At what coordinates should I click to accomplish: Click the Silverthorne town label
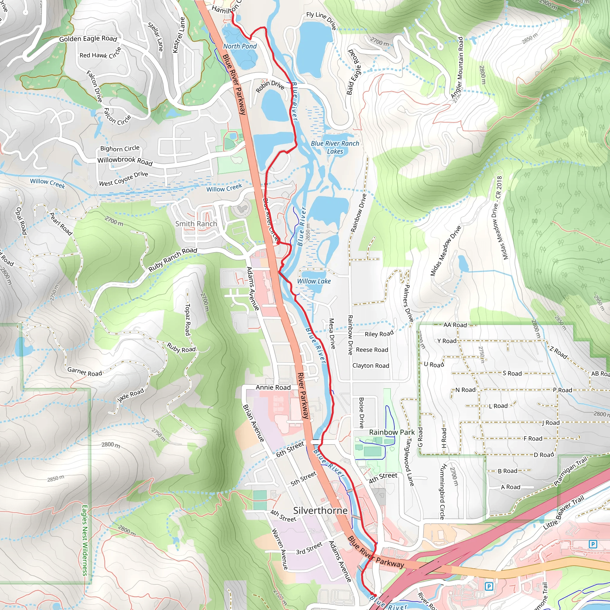click(320, 511)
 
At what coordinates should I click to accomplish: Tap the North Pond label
click(240, 46)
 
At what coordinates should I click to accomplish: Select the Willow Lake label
click(314, 281)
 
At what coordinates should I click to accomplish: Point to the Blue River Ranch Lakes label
click(335, 147)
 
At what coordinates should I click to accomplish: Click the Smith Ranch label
click(196, 224)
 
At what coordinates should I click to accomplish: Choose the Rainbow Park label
click(392, 432)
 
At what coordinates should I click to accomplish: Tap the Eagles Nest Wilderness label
click(85, 540)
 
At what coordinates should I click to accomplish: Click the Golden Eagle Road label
click(88, 39)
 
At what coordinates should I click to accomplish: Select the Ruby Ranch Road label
click(173, 259)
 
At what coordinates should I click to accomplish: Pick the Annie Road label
click(273, 388)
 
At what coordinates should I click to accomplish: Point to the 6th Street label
click(290, 449)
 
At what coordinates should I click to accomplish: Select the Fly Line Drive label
click(321, 20)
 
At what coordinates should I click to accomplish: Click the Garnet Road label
click(85, 372)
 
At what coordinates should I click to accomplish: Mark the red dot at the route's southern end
click(375, 595)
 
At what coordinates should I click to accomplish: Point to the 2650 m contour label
click(308, 232)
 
